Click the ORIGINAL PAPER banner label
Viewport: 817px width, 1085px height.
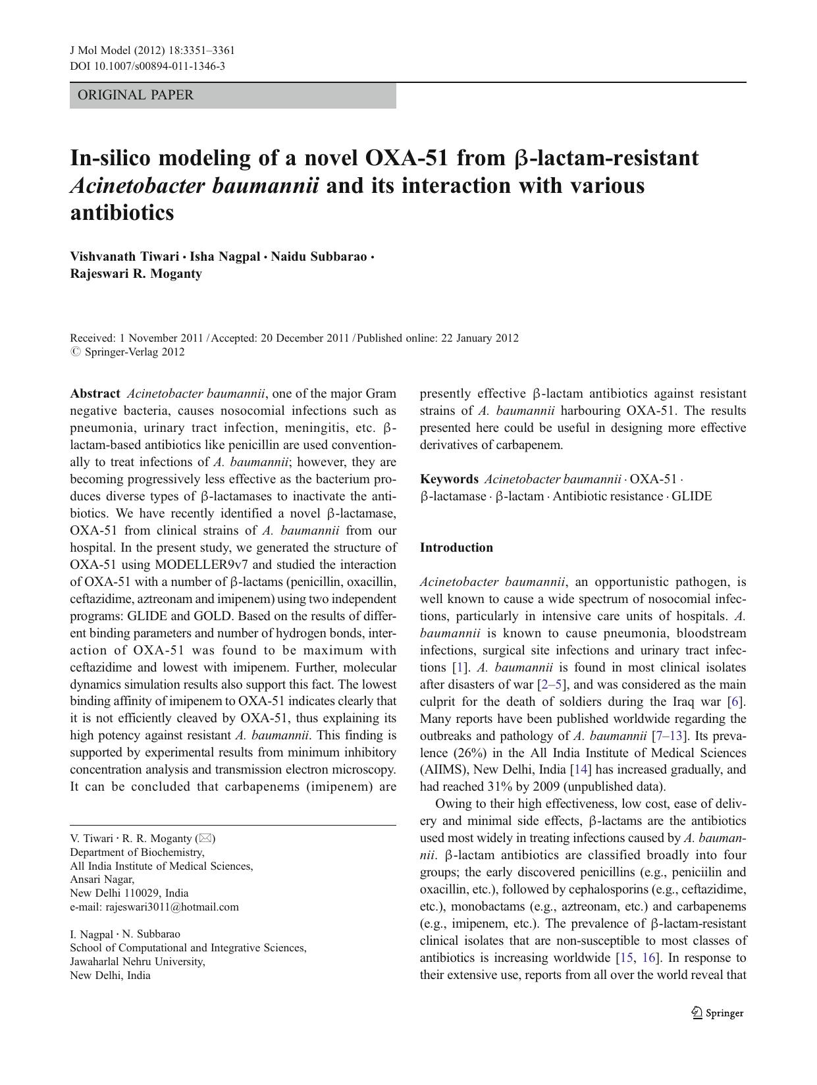[x=136, y=95]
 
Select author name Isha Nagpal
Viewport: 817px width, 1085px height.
[x=224, y=257]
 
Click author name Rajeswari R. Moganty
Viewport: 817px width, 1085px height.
[x=136, y=274]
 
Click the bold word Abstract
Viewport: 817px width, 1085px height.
[x=95, y=394]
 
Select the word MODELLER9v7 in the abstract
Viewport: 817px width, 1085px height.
[x=203, y=565]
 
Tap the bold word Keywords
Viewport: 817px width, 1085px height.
[x=449, y=479]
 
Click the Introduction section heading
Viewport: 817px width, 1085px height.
[x=456, y=548]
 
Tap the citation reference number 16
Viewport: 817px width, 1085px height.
[x=648, y=958]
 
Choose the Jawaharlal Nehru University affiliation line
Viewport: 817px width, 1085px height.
[x=138, y=961]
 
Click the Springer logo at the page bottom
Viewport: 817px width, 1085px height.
[x=718, y=1013]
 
